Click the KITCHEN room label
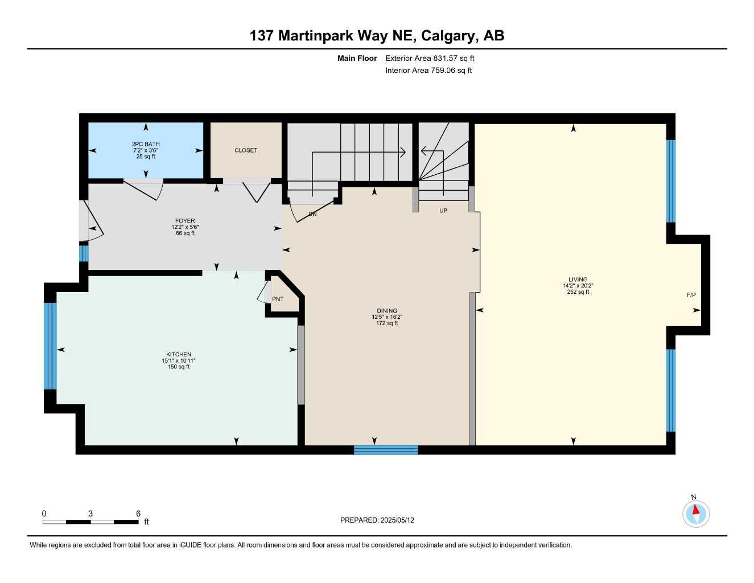pyautogui.click(x=179, y=354)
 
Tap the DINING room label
pyautogui.click(x=387, y=311)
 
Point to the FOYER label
pyautogui.click(x=185, y=221)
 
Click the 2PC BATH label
pyautogui.click(x=146, y=144)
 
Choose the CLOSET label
pyautogui.click(x=246, y=150)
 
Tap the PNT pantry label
pyautogui.click(x=278, y=299)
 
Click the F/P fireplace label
pyautogui.click(x=691, y=295)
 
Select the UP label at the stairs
pyautogui.click(x=443, y=211)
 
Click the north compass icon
pyautogui.click(x=695, y=514)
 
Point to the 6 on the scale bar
pyautogui.click(x=138, y=514)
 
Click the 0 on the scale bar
pyautogui.click(x=44, y=514)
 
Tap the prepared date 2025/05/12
pyautogui.click(x=398, y=520)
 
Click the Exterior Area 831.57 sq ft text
pyautogui.click(x=430, y=58)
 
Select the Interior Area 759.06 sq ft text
pyautogui.click(x=428, y=71)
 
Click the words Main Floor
pyautogui.click(x=357, y=58)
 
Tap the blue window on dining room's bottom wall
pyautogui.click(x=386, y=450)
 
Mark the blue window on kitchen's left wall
pyautogui.click(x=51, y=346)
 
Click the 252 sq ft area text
pyautogui.click(x=578, y=292)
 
